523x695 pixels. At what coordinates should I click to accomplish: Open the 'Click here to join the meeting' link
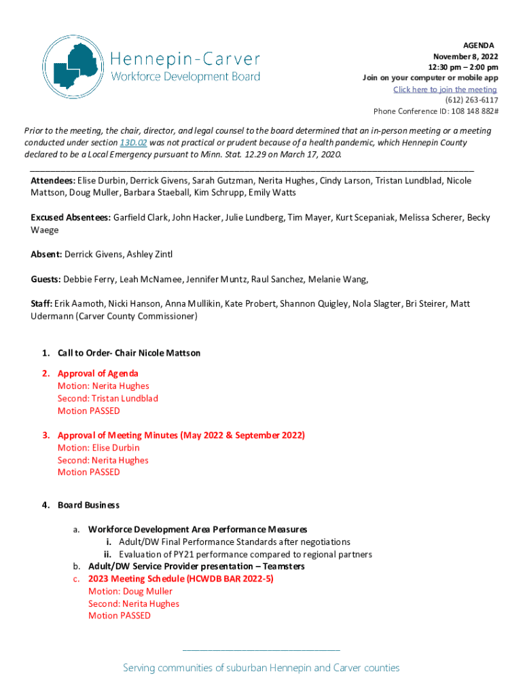coord(445,90)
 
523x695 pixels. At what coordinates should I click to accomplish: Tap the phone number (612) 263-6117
coord(471,100)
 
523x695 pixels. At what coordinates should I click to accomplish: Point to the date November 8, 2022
coord(465,56)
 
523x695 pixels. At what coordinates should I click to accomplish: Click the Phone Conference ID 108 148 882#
coord(435,111)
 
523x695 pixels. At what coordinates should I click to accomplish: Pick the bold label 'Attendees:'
coord(53,181)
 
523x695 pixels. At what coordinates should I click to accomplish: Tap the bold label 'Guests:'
coord(46,279)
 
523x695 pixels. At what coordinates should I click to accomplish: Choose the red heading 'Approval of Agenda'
coord(98,373)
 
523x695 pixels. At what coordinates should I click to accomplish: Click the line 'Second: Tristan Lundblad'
coord(107,398)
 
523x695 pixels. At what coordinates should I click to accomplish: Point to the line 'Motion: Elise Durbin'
coord(98,448)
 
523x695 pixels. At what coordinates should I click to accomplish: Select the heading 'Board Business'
coord(88,505)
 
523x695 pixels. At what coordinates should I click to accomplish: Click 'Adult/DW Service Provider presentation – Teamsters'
coord(196,566)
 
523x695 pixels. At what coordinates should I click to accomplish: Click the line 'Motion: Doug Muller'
coord(130,591)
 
